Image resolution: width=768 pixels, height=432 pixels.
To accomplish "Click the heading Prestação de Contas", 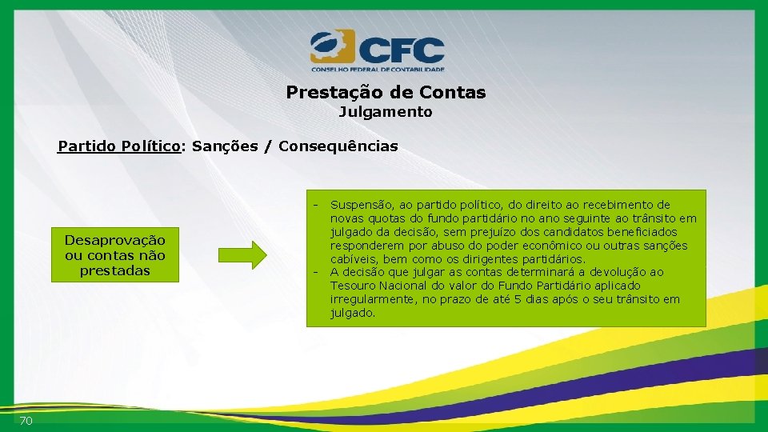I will (x=386, y=92).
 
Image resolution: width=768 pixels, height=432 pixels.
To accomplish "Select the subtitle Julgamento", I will (x=386, y=112).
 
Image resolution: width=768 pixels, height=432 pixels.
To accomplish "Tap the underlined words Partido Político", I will (x=118, y=146).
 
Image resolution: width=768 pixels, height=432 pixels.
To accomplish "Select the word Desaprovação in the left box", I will (x=115, y=240).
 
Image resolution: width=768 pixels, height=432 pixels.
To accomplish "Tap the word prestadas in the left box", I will (x=115, y=270).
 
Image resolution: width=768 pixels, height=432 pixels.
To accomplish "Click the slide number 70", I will (x=26, y=421).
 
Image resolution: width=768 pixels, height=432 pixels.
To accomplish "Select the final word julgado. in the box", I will (x=353, y=313).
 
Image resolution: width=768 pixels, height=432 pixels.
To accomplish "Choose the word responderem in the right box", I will (x=368, y=246).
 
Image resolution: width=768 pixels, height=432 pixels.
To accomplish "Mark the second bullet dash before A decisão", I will (x=317, y=272).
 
